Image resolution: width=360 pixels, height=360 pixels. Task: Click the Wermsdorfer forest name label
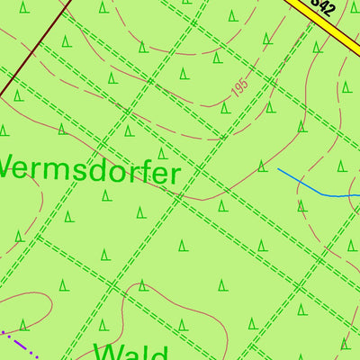[88, 168]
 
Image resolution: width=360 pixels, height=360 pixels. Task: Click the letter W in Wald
[107, 350]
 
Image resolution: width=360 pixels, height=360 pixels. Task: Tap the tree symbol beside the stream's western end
[262, 166]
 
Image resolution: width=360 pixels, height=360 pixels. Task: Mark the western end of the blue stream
[278, 169]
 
